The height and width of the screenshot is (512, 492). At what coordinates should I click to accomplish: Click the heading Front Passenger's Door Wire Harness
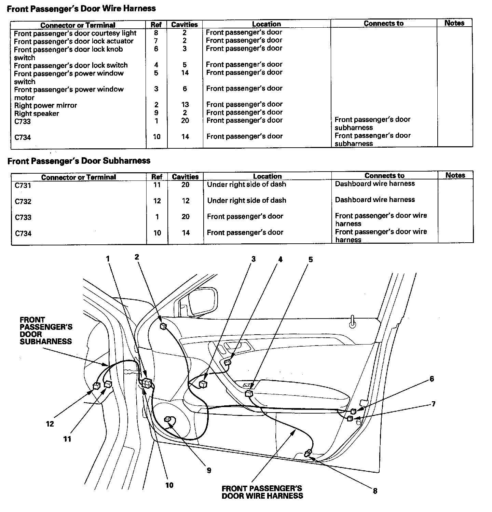[81, 9]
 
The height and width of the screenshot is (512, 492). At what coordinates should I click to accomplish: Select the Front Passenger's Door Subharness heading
[79, 161]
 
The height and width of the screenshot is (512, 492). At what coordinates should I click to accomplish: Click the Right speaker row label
[37, 113]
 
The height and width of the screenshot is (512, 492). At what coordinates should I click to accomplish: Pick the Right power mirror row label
[45, 105]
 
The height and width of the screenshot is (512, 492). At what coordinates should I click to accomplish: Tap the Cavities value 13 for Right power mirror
[185, 105]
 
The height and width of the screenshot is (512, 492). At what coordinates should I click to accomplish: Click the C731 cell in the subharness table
[23, 185]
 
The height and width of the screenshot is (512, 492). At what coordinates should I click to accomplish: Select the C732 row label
[23, 201]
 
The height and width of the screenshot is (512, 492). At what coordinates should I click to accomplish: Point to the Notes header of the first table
[454, 23]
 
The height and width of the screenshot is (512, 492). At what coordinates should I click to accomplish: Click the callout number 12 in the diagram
[50, 424]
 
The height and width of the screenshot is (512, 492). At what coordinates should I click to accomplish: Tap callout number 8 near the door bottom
[375, 491]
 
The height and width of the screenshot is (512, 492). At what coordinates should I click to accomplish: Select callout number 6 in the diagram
[432, 379]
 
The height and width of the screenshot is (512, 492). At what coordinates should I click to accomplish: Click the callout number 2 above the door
[137, 257]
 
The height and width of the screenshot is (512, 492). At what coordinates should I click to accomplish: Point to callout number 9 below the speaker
[209, 470]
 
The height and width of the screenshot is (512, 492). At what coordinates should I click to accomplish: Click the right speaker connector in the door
[168, 419]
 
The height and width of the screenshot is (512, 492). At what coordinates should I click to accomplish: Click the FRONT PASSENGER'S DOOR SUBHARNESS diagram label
[45, 331]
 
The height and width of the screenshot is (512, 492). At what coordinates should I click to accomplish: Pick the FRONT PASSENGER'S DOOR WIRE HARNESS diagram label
[262, 492]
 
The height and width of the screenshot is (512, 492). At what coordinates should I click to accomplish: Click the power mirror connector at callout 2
[163, 326]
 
